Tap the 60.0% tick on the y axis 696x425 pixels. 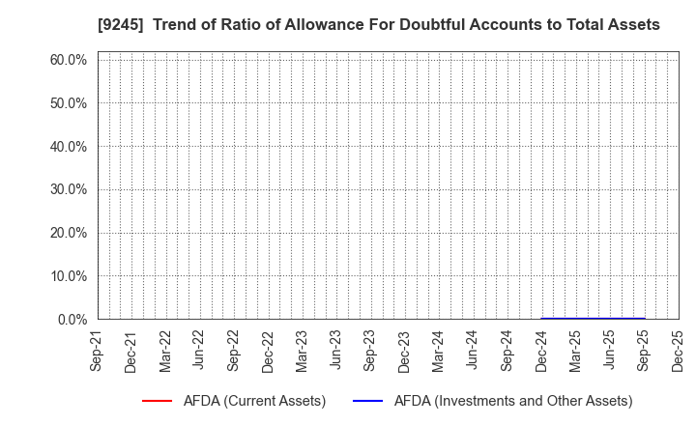(69, 60)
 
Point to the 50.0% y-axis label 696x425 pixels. (69, 103)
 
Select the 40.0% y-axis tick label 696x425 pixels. (69, 147)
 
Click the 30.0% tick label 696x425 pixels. (69, 189)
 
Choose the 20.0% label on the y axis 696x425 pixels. (69, 233)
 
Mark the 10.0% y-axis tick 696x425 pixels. (69, 276)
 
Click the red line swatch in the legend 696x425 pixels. (157, 401)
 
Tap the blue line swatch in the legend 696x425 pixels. (369, 401)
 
